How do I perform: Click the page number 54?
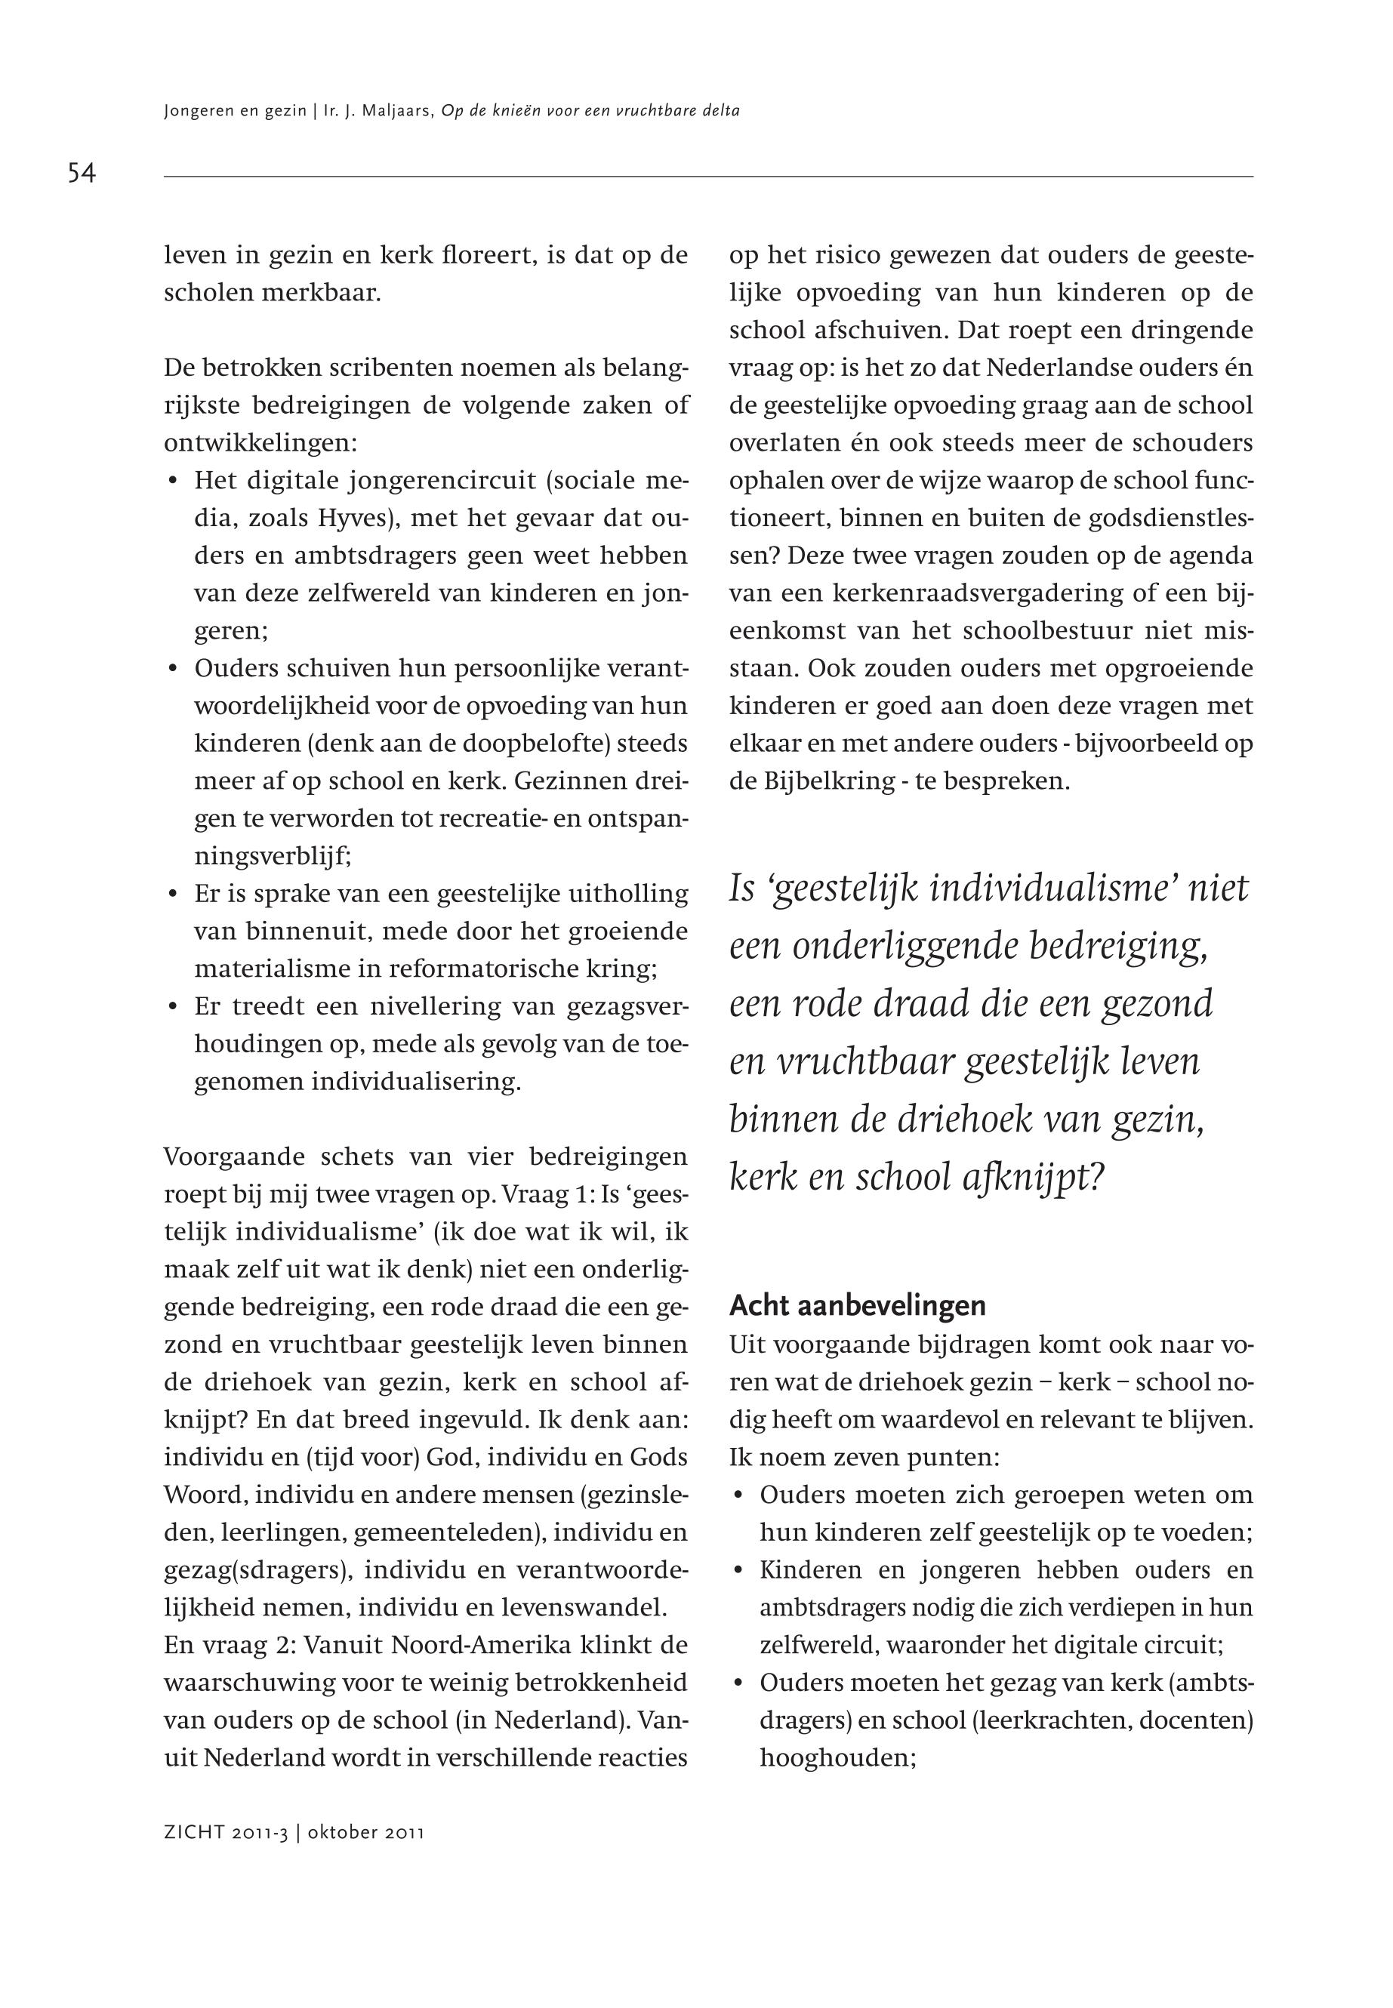pyautogui.click(x=82, y=173)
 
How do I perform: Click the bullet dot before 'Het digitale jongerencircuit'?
pyautogui.click(x=173, y=482)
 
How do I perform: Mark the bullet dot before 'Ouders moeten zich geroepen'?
pyautogui.click(x=738, y=1495)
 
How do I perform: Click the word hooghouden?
pyautogui.click(x=836, y=1760)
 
